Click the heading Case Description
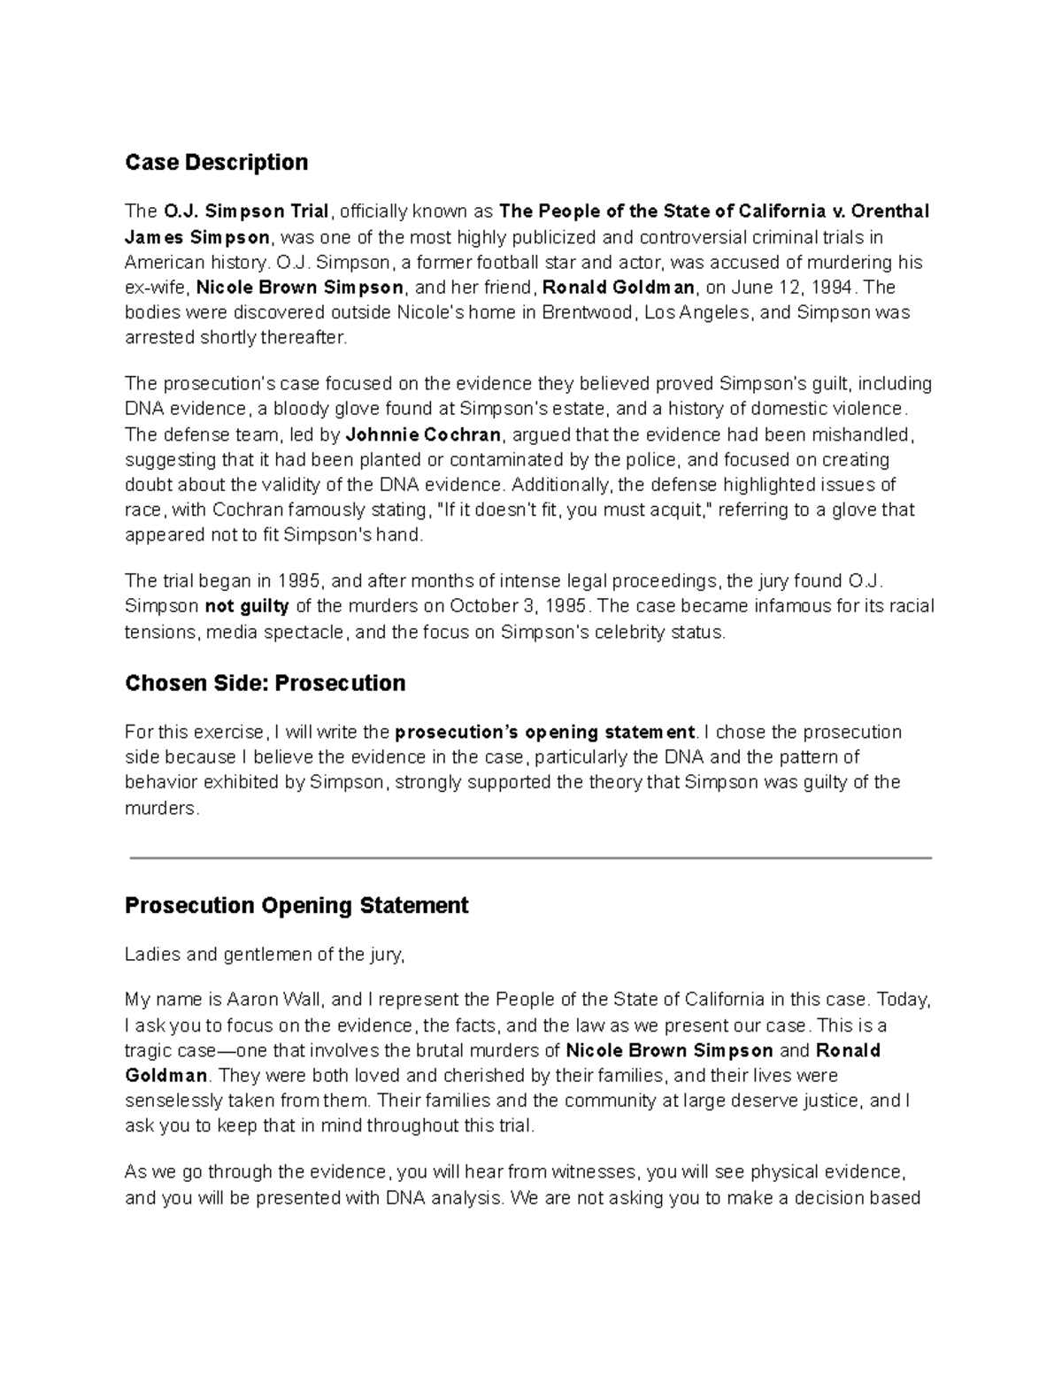point(216,163)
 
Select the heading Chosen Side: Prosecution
point(265,683)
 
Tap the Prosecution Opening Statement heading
point(296,906)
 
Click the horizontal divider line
point(531,857)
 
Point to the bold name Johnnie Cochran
point(423,435)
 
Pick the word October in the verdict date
point(482,607)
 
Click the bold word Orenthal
point(889,211)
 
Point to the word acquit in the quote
point(687,510)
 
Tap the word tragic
point(148,1051)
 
